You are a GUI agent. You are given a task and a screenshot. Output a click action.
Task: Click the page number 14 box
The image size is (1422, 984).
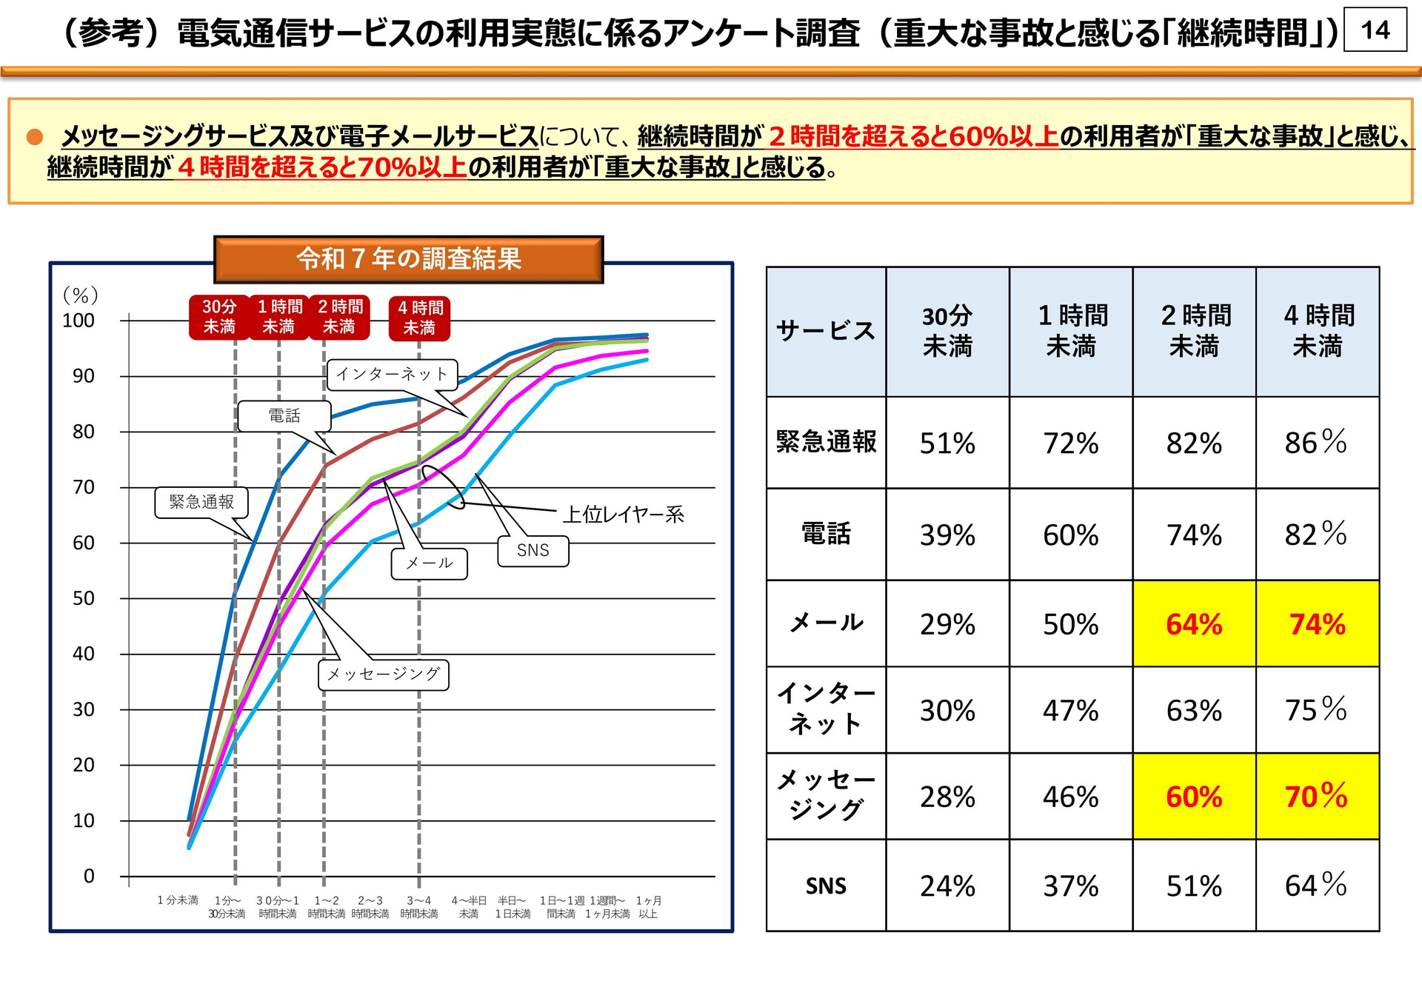(x=1375, y=30)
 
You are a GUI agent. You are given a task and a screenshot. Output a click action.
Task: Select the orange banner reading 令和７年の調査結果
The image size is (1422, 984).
(x=409, y=259)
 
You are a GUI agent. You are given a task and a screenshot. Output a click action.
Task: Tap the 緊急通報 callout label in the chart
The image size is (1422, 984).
(x=201, y=502)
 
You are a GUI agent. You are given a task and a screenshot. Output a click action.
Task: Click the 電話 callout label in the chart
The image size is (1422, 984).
(x=284, y=416)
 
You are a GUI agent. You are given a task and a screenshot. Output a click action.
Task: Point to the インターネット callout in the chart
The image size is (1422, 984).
(x=392, y=374)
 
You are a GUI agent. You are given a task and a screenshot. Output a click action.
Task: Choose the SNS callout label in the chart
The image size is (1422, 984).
(x=533, y=550)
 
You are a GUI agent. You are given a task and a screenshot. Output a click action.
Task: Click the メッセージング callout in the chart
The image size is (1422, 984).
(x=384, y=675)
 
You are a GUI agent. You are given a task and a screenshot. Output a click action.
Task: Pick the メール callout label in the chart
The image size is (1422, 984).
(x=430, y=563)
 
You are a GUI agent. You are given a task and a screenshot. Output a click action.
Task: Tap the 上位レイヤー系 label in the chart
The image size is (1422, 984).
(x=623, y=514)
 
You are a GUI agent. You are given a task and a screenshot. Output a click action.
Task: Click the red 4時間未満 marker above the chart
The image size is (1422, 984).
(x=420, y=318)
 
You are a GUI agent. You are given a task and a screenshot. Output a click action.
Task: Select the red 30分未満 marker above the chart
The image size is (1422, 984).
(x=219, y=317)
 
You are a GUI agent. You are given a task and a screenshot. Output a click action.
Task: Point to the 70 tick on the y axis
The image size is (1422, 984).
(x=84, y=487)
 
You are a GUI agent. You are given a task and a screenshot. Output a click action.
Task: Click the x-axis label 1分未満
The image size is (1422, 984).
(x=178, y=900)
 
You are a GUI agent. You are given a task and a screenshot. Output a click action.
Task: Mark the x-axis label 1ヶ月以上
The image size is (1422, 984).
(x=649, y=907)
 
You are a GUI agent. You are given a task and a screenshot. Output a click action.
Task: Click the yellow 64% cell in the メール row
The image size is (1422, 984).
(x=1194, y=624)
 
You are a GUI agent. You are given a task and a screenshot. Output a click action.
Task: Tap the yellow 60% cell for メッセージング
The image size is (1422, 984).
(x=1194, y=797)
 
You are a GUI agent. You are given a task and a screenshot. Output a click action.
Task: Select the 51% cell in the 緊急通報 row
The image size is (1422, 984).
(x=947, y=443)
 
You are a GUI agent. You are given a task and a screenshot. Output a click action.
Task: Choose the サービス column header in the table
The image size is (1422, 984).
(x=826, y=331)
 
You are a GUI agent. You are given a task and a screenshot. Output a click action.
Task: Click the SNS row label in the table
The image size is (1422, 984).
(x=826, y=886)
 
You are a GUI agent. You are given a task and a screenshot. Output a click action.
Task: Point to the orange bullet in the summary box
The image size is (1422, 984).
(x=35, y=137)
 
